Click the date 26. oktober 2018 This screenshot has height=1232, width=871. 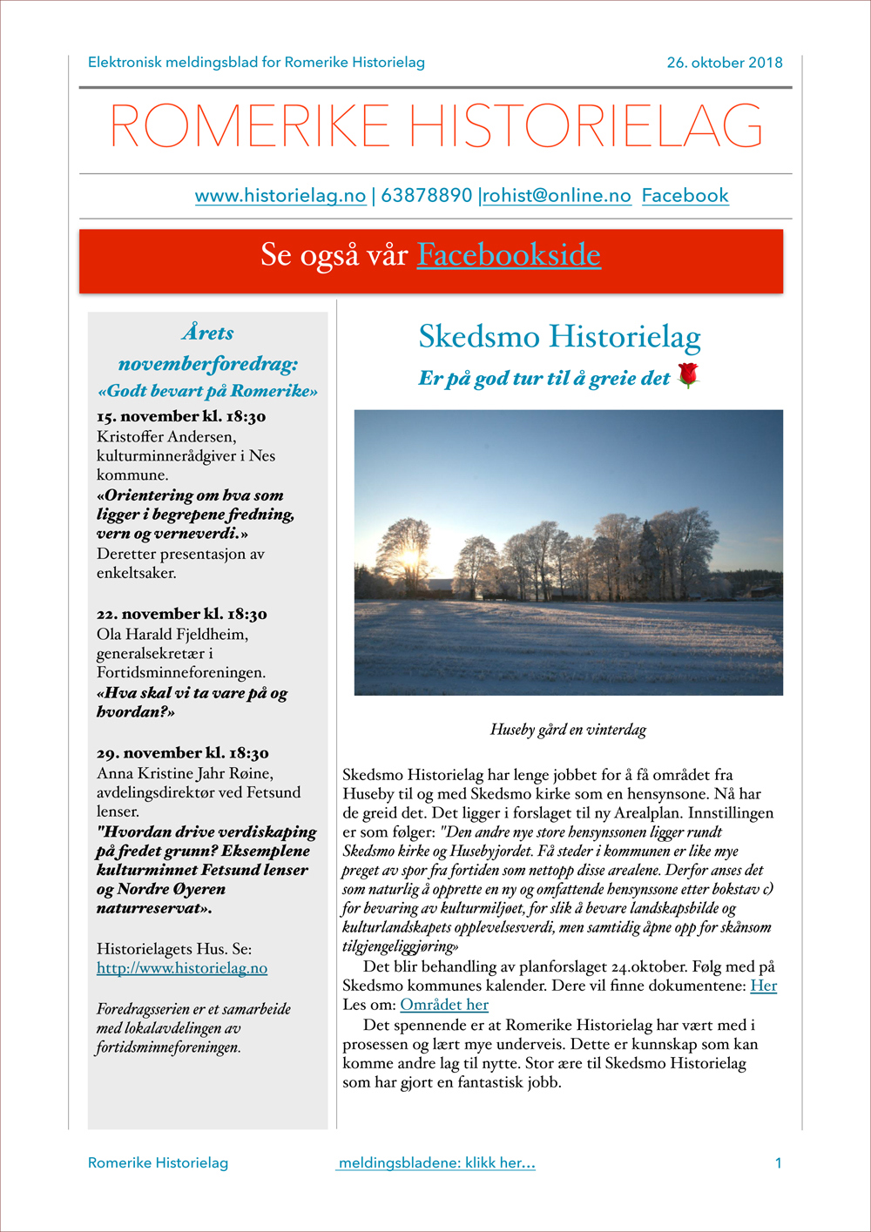(x=724, y=63)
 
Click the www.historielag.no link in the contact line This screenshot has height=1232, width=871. (x=280, y=196)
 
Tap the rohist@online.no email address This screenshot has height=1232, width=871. (x=557, y=196)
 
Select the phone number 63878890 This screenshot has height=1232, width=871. (x=426, y=196)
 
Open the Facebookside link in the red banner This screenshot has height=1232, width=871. (x=509, y=255)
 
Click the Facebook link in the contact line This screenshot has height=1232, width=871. (x=685, y=196)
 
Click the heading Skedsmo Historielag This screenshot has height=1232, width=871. (x=559, y=337)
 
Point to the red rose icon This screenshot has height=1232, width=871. (x=688, y=375)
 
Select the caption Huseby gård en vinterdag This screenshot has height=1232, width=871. (x=568, y=730)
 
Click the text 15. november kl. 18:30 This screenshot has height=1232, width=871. (x=181, y=416)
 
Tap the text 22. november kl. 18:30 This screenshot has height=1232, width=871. (x=181, y=614)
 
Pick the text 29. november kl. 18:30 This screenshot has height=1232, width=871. (x=182, y=753)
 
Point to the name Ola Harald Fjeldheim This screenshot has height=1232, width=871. (x=172, y=634)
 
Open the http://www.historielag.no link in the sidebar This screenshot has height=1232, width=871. (x=182, y=968)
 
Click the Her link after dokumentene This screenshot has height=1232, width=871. (x=763, y=986)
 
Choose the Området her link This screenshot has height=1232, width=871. (x=444, y=1005)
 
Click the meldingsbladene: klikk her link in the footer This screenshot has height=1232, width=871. (x=436, y=1163)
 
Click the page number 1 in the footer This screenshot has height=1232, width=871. (x=778, y=1163)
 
